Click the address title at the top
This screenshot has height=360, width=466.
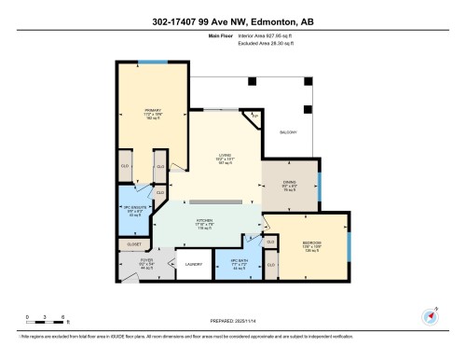click(x=233, y=20)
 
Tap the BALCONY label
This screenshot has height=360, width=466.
click(x=288, y=132)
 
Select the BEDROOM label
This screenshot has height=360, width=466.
click(x=312, y=245)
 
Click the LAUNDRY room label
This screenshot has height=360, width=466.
click(x=195, y=265)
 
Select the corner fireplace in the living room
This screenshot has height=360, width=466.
click(x=254, y=116)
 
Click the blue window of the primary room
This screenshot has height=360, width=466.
click(x=153, y=62)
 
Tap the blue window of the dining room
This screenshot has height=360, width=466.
click(x=319, y=187)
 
